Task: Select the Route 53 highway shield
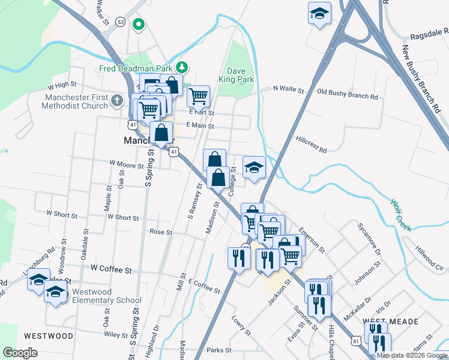(121, 22)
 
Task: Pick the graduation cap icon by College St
(254, 167)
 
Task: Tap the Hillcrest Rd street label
(311, 144)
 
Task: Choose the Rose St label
(161, 232)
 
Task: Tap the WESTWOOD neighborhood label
(49, 335)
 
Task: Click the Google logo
(20, 353)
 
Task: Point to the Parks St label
(219, 350)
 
